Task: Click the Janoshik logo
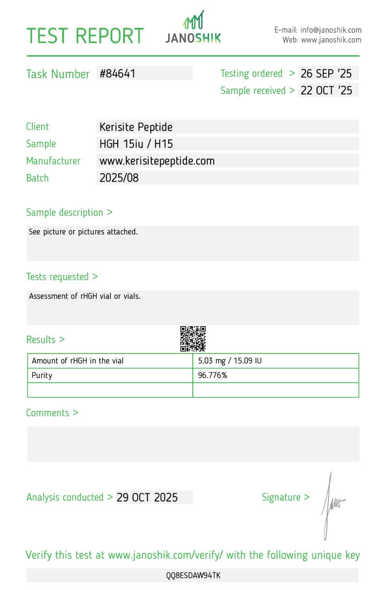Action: click(x=193, y=28)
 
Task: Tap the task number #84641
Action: click(x=117, y=73)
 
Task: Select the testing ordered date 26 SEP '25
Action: click(x=326, y=73)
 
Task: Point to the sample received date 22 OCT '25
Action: click(x=326, y=90)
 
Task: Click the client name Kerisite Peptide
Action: click(x=136, y=127)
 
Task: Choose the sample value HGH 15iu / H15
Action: click(x=136, y=144)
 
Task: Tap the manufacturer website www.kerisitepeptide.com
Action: click(x=157, y=161)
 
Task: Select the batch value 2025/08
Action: click(x=119, y=178)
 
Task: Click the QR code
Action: click(x=193, y=338)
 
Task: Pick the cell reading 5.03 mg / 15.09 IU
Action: click(x=230, y=361)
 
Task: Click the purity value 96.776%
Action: click(x=212, y=375)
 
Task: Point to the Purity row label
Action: click(x=42, y=375)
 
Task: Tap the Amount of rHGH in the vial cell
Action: click(x=78, y=361)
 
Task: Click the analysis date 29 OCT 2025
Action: click(x=147, y=497)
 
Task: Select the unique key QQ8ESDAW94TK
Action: click(x=193, y=575)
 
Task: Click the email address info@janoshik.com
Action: click(x=331, y=30)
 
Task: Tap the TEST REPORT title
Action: click(x=85, y=36)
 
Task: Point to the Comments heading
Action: click(x=48, y=413)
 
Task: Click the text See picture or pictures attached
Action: click(x=83, y=232)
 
